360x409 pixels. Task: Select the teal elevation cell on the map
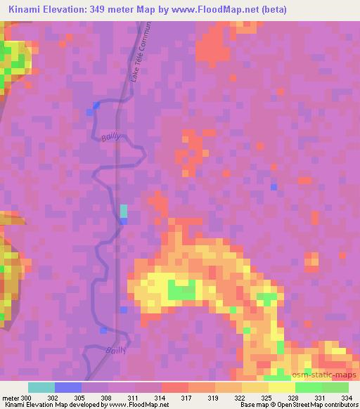pyautogui.click(x=124, y=211)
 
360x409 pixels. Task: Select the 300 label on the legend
pyautogui.click(x=25, y=398)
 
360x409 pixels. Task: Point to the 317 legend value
pyautogui.click(x=187, y=398)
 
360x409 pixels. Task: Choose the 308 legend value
pyautogui.click(x=106, y=398)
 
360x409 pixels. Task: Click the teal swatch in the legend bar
pyautogui.click(x=41, y=387)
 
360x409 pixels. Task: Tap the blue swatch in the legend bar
pyautogui.click(x=68, y=387)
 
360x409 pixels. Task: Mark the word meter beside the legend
pyautogui.click(x=10, y=398)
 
